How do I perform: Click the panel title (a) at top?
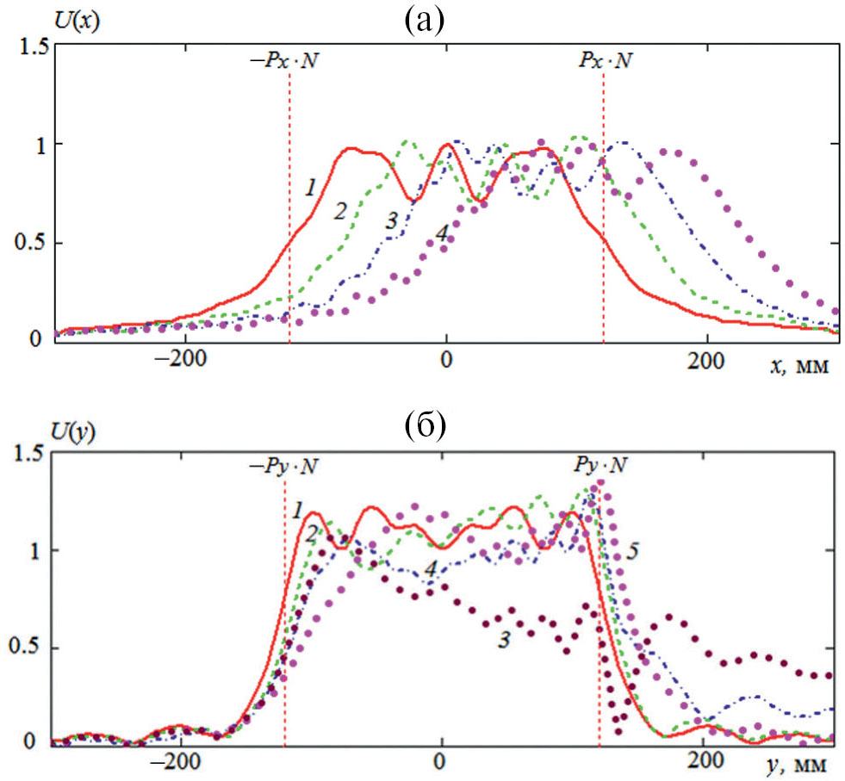click(423, 20)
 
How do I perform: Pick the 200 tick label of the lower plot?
click(705, 762)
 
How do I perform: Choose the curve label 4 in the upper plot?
click(441, 232)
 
